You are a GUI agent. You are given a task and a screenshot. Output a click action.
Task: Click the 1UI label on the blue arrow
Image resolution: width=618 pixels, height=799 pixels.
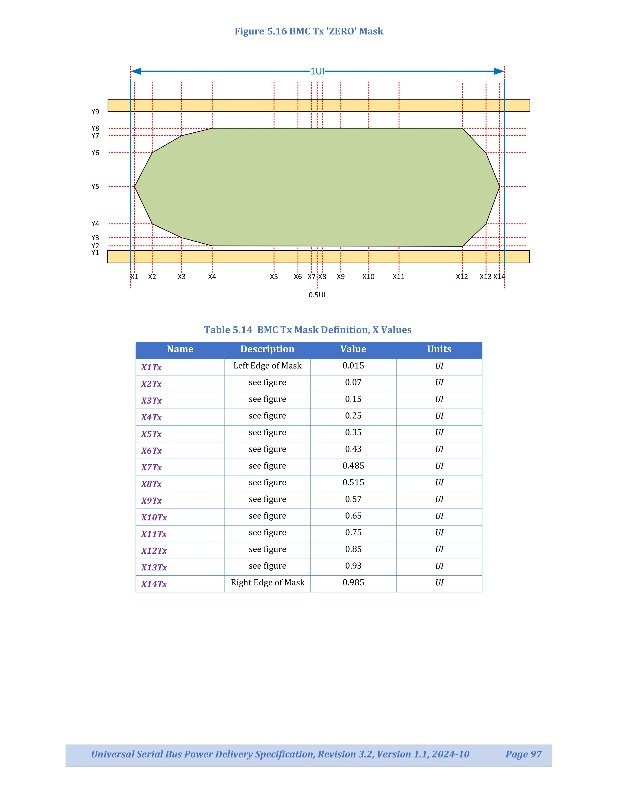(x=317, y=71)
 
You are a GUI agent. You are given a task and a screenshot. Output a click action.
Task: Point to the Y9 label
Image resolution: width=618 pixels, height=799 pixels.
(x=95, y=112)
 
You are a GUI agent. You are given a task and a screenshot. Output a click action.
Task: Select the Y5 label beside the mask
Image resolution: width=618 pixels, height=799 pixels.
(x=95, y=187)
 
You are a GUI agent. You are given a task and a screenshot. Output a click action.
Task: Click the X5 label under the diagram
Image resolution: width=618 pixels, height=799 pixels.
(x=274, y=277)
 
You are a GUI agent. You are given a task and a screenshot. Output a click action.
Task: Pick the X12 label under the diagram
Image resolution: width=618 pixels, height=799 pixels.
(x=462, y=277)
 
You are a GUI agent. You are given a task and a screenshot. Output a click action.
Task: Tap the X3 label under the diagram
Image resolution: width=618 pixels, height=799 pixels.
(x=182, y=277)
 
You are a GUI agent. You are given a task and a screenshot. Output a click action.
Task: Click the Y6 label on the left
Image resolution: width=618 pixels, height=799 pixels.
(x=95, y=153)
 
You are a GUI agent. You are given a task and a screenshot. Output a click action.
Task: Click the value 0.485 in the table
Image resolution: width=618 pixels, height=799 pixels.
(x=353, y=466)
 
